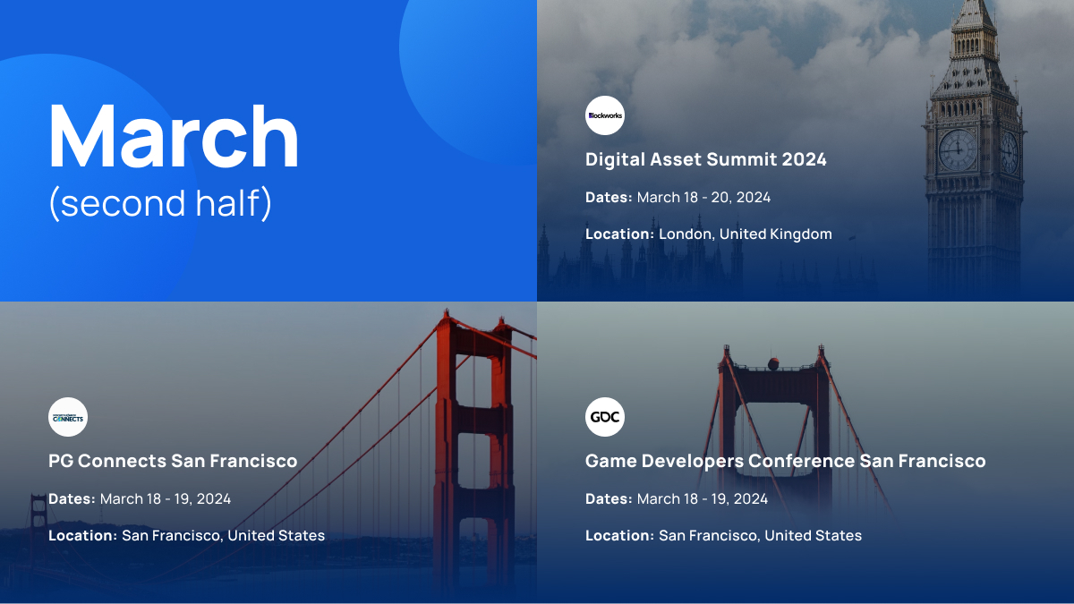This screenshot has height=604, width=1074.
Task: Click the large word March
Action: [174, 136]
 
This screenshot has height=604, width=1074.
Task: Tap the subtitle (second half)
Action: [160, 203]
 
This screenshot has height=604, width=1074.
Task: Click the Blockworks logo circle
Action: [605, 115]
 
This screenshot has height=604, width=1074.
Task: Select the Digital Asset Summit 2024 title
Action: [706, 159]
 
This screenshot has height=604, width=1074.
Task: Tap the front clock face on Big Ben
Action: [958, 149]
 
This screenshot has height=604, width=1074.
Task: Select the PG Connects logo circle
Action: [68, 417]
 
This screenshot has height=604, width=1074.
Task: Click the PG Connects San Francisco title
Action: [173, 461]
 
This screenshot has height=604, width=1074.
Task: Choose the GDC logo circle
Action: [605, 417]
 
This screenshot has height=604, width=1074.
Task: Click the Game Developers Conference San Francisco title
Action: [786, 461]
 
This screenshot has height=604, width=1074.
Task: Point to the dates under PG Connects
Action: [140, 499]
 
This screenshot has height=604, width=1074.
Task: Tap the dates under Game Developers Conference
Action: [677, 499]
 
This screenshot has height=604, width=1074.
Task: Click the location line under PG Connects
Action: [186, 535]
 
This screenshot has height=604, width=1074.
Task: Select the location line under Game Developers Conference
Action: [723, 535]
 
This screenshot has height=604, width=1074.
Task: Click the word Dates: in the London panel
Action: [609, 198]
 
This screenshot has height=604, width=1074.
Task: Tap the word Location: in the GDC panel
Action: [619, 535]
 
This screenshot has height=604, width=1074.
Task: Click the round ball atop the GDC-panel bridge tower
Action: [773, 364]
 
